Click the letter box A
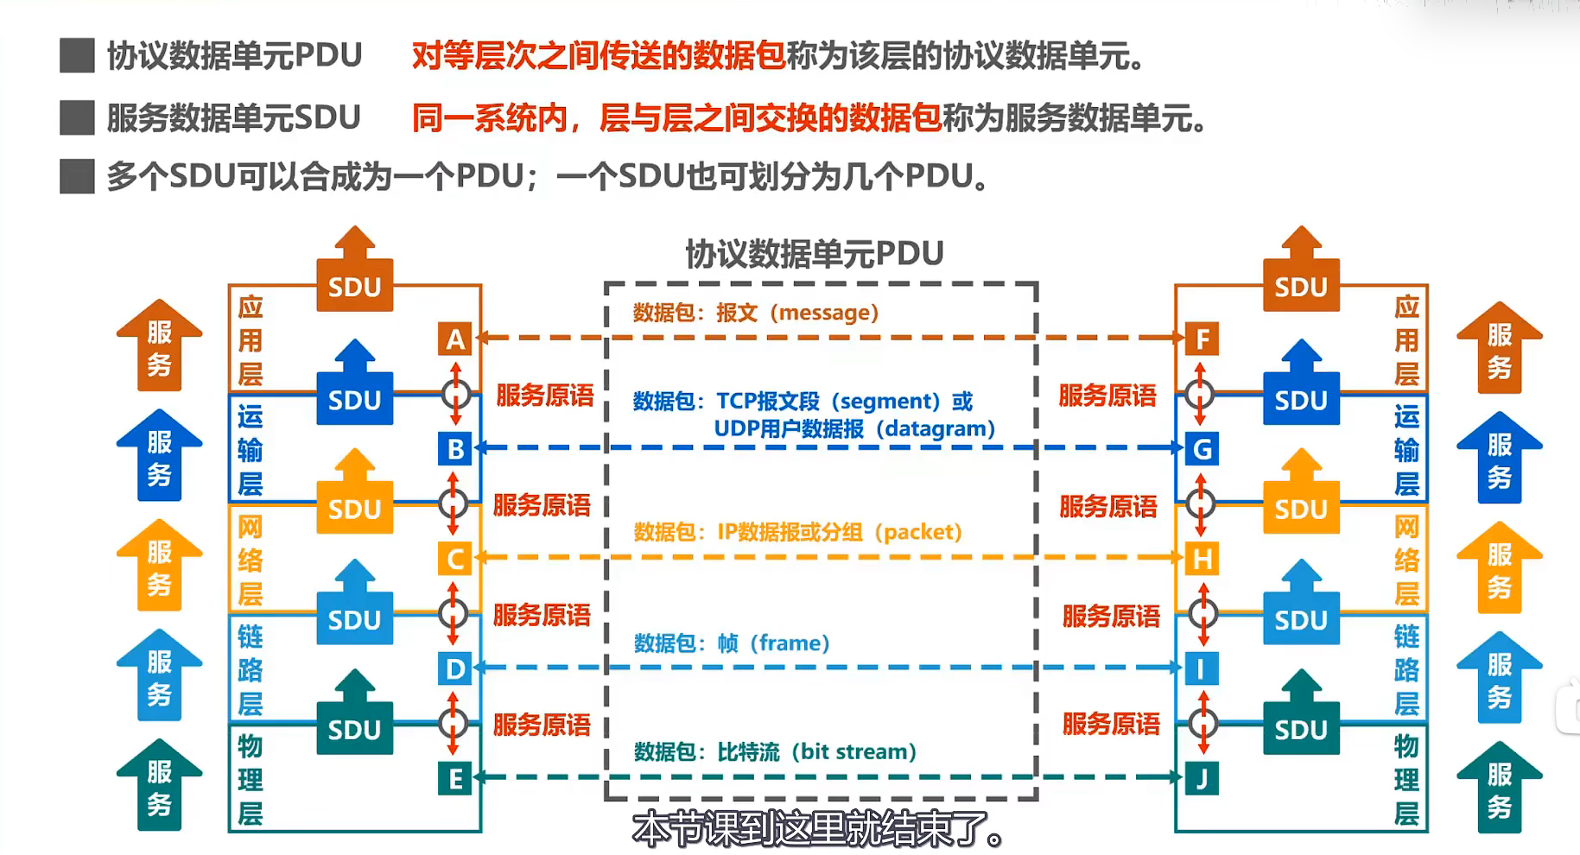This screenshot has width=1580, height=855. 455,339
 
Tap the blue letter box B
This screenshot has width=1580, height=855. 455,449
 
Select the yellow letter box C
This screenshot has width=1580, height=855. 455,559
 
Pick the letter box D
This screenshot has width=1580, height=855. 455,668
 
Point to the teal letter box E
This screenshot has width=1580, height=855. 455,779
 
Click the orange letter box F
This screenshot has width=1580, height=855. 1202,339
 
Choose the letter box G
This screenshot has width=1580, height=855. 1202,449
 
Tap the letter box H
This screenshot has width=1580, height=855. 1202,559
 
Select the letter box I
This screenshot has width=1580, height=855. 1202,668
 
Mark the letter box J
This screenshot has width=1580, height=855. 1202,779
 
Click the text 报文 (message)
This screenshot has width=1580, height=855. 796,313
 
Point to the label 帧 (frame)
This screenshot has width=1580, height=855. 773,643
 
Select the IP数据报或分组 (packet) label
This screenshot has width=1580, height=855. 839,532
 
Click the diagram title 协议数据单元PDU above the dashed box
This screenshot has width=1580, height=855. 814,254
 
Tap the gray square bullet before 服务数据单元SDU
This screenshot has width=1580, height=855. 77,117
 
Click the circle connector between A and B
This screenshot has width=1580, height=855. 456,395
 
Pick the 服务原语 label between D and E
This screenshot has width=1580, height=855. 542,725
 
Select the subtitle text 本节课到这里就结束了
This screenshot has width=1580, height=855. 818,830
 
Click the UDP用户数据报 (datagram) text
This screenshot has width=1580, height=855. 854,429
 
